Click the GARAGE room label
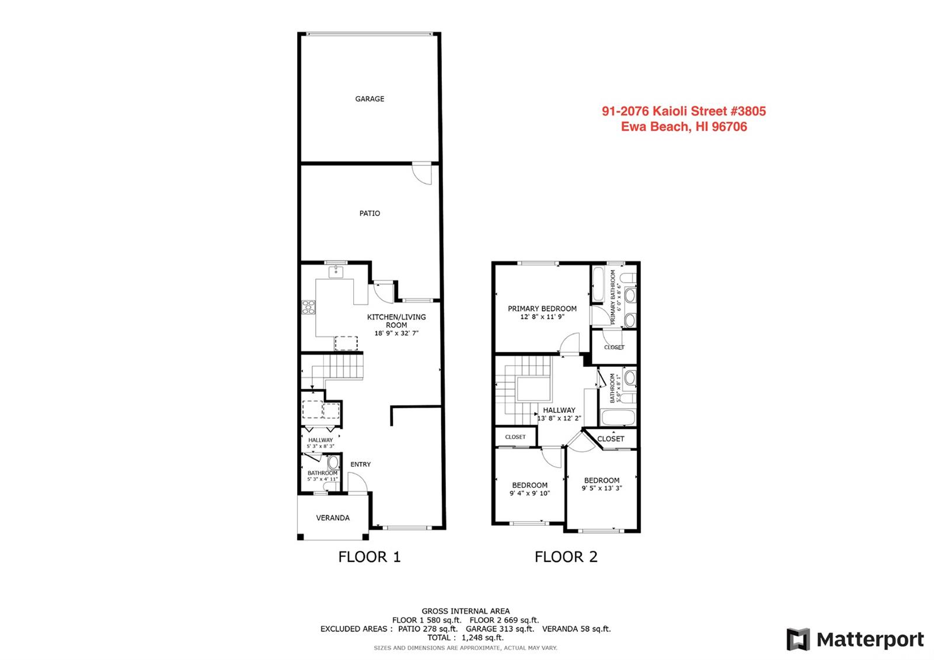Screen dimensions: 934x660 click(370, 99)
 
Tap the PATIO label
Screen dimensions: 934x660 click(370, 213)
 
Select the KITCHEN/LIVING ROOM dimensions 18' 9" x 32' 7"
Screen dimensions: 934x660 click(396, 333)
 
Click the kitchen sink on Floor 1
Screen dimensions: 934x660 click(336, 272)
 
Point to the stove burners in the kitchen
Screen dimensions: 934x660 click(308, 307)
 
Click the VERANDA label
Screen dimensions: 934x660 click(333, 517)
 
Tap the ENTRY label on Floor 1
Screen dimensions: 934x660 click(360, 464)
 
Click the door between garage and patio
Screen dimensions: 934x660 click(421, 173)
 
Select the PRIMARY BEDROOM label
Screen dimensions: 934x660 click(542, 309)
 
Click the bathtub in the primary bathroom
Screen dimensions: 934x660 click(598, 284)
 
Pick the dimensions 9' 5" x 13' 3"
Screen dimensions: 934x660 click(602, 488)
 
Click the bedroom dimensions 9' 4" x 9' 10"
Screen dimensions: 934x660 click(529, 493)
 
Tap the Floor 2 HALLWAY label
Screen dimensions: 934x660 click(559, 410)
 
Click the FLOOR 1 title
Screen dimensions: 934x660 click(370, 557)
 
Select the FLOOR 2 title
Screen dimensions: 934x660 click(566, 557)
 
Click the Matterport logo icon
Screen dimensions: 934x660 click(798, 639)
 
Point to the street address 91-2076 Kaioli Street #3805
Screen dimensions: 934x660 click(684, 111)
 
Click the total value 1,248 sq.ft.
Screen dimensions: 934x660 click(482, 637)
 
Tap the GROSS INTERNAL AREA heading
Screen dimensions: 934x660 click(465, 611)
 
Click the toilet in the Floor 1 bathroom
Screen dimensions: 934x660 click(333, 462)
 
